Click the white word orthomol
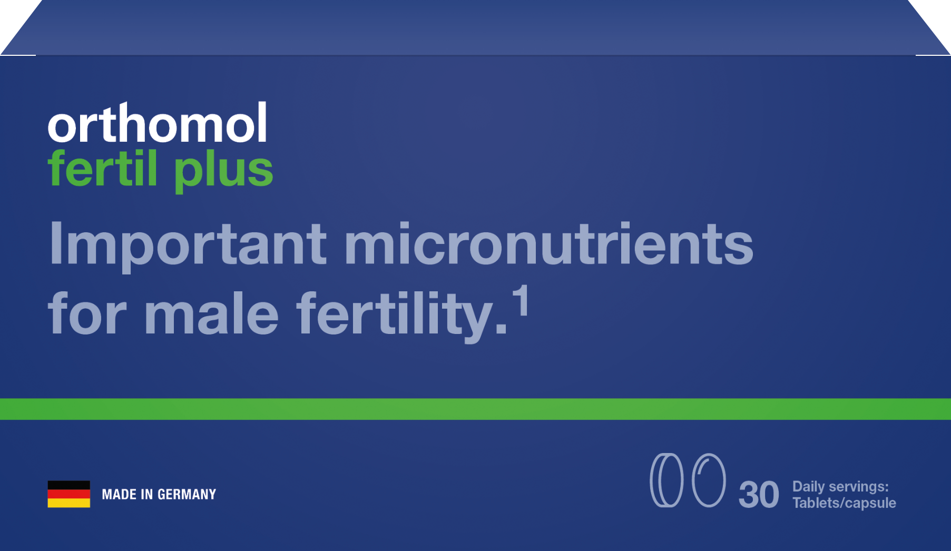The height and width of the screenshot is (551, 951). tap(158, 123)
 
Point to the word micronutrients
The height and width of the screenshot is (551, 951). tap(549, 243)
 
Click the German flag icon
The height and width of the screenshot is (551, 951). tap(69, 494)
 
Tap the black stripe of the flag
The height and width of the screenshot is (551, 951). tap(69, 485)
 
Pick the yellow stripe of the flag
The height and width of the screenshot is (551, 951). tap(69, 503)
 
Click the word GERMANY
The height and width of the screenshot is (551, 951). tap(187, 495)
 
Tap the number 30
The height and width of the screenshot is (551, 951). tap(759, 495)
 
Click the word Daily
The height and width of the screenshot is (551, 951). tap(809, 487)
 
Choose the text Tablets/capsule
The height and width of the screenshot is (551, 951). tap(844, 503)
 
